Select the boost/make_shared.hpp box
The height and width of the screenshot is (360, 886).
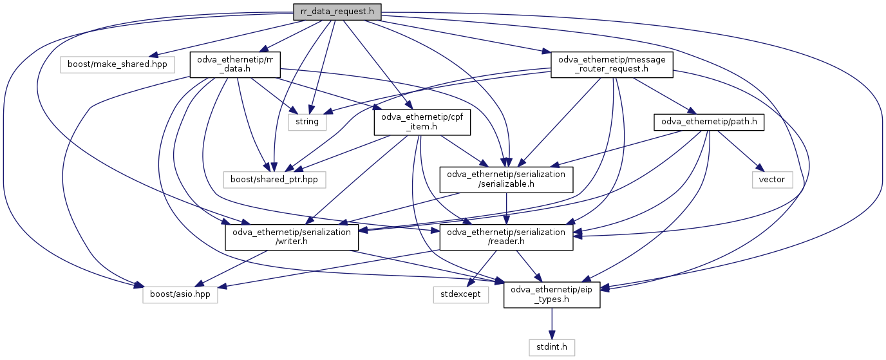(117, 64)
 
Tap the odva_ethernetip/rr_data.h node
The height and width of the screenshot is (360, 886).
(234, 64)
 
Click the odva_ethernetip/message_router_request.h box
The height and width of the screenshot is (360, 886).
(612, 64)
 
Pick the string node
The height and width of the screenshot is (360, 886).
(307, 122)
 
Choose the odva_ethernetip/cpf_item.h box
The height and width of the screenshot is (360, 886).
(422, 122)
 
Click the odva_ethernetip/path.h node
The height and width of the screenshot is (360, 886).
(709, 122)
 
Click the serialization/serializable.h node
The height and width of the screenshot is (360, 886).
(506, 179)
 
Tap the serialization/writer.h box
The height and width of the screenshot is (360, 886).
(292, 236)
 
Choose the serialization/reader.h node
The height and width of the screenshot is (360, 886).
(506, 236)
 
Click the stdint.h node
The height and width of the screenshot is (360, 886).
(552, 348)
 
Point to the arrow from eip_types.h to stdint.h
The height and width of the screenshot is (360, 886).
(552, 323)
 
